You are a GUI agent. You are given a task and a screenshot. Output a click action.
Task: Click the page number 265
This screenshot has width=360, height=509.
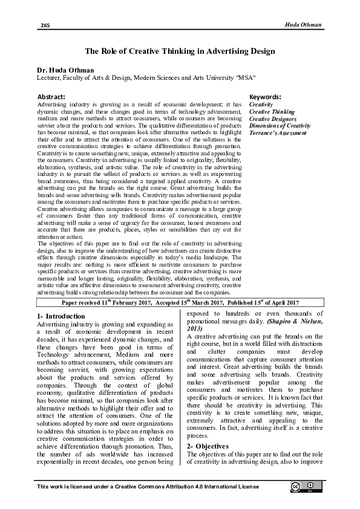(45, 25)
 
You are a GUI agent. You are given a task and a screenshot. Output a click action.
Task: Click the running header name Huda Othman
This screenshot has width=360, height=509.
(303, 24)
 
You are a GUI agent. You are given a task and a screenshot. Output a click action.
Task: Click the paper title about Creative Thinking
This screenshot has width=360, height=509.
(180, 52)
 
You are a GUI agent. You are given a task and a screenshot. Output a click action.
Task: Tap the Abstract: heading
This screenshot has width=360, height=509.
(51, 97)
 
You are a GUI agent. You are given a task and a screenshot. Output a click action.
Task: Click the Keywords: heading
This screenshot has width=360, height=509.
(265, 97)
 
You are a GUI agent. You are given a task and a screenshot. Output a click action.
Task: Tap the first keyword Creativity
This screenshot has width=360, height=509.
(261, 105)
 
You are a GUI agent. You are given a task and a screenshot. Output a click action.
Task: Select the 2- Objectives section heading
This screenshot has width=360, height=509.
(208, 446)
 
